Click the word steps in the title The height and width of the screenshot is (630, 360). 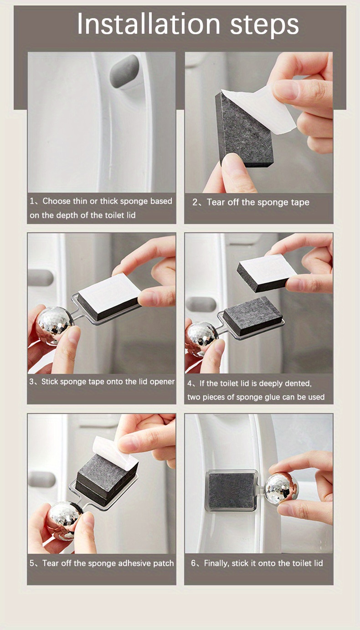[x=264, y=25]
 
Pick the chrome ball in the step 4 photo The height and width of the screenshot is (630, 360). [x=201, y=336]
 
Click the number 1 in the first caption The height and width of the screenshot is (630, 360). [x=32, y=201]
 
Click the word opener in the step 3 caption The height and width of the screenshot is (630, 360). [x=162, y=382]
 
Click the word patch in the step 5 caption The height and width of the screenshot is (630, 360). [x=163, y=563]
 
